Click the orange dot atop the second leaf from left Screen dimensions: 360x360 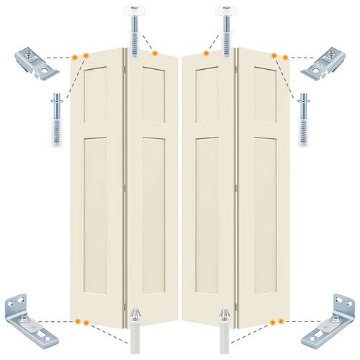tap(154, 53)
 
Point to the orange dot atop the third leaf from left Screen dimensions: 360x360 tap(206, 53)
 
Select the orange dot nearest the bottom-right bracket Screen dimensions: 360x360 tap(285, 321)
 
